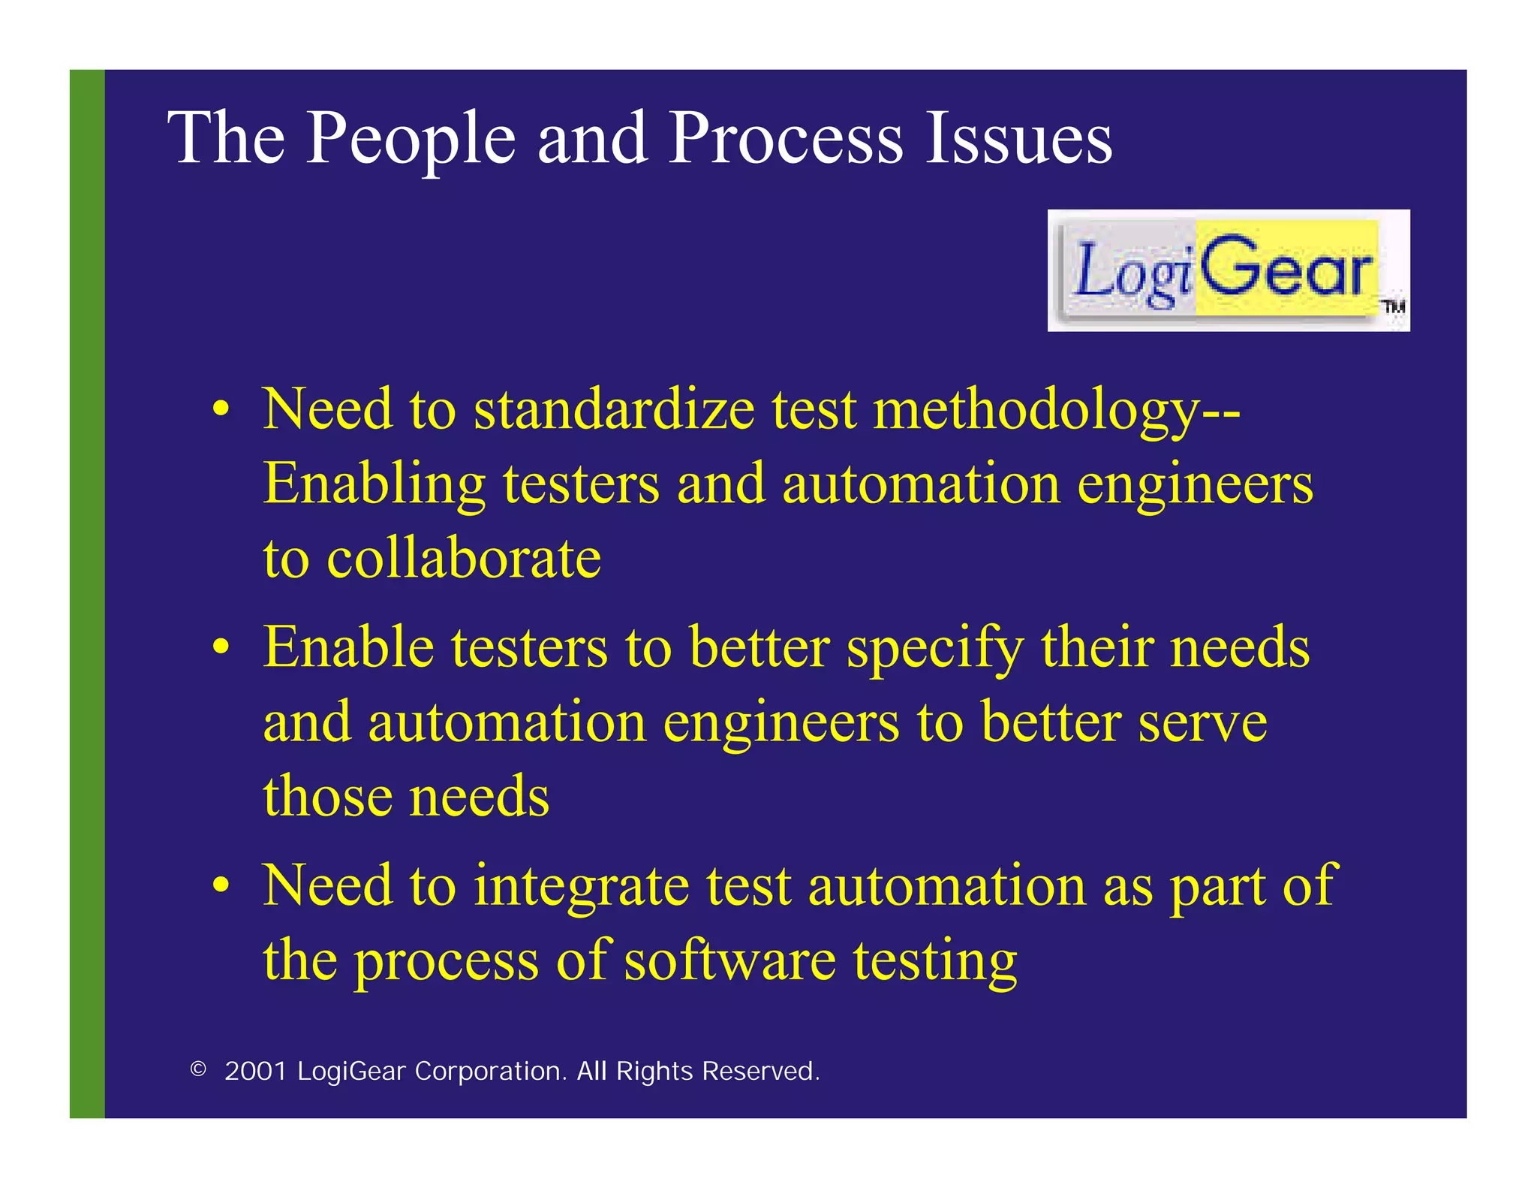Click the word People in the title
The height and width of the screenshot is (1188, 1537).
coord(411,139)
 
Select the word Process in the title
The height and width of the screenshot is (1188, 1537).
coord(785,139)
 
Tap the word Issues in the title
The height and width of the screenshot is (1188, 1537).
coord(1018,139)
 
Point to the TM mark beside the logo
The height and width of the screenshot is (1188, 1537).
coord(1394,306)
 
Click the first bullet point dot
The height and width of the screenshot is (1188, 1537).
coord(220,410)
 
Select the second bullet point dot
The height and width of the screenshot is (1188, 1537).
coord(220,647)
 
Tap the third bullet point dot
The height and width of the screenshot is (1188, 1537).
coord(220,885)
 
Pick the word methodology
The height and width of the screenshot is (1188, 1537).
coord(1036,412)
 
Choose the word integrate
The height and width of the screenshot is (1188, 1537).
coord(581,886)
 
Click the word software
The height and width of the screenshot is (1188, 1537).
coord(729,960)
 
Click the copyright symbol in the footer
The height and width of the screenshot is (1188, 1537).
coord(198,1069)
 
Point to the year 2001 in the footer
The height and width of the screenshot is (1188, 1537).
coord(255,1071)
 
